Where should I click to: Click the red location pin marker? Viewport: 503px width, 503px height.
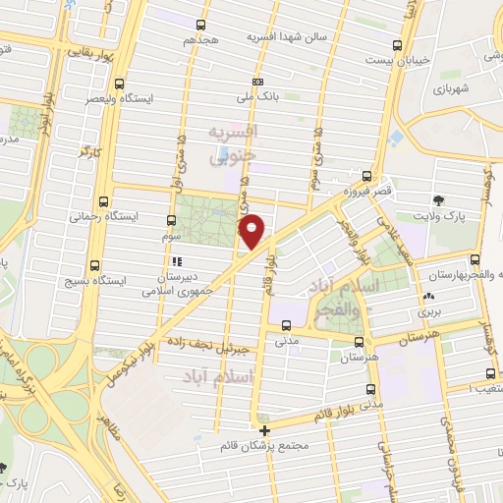click(252, 231)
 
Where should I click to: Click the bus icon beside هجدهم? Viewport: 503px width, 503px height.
click(201, 25)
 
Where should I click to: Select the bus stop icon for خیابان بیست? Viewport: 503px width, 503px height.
click(397, 45)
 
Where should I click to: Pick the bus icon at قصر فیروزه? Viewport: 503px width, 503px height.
click(366, 177)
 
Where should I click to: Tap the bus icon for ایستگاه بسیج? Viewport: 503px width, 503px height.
click(94, 265)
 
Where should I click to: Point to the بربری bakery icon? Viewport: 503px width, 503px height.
click(426, 297)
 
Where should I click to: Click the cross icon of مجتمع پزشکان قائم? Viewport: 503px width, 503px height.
click(263, 430)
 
